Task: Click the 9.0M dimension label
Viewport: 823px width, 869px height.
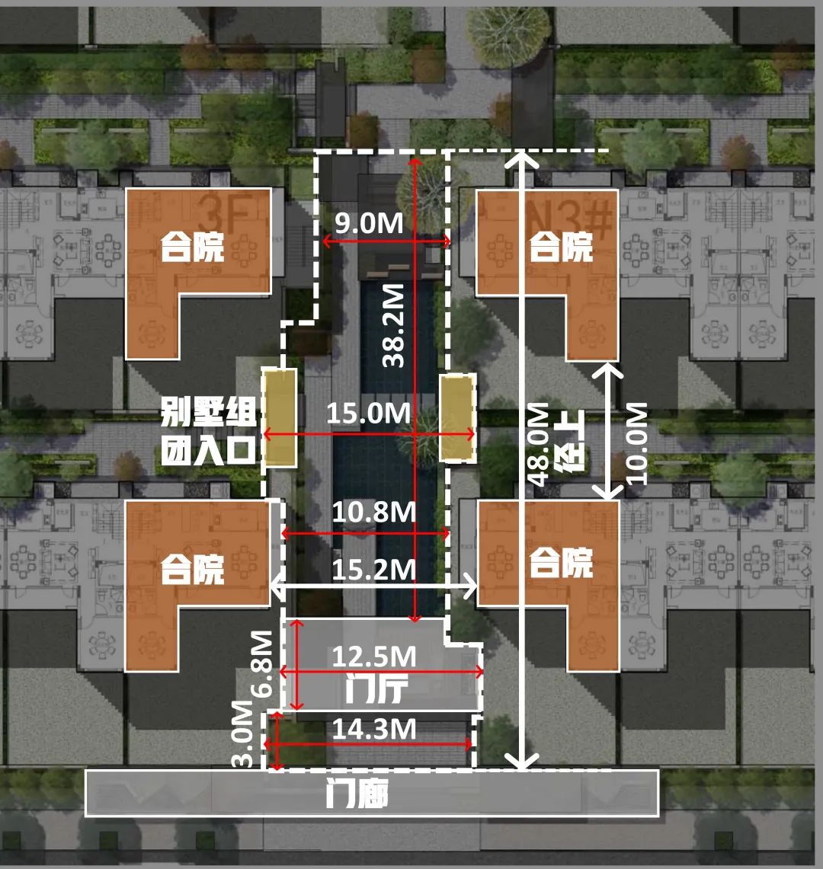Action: [370, 224]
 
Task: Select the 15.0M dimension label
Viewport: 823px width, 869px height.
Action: [369, 414]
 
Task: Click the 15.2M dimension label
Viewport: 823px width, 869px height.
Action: [373, 569]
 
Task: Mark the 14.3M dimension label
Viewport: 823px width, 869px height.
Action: [373, 730]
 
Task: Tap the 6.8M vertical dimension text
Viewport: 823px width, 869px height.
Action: [261, 663]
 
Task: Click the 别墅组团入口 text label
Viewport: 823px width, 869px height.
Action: [207, 432]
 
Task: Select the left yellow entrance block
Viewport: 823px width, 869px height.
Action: [280, 417]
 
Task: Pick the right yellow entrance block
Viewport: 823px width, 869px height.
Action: [457, 417]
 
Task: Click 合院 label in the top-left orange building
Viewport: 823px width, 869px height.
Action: [192, 246]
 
